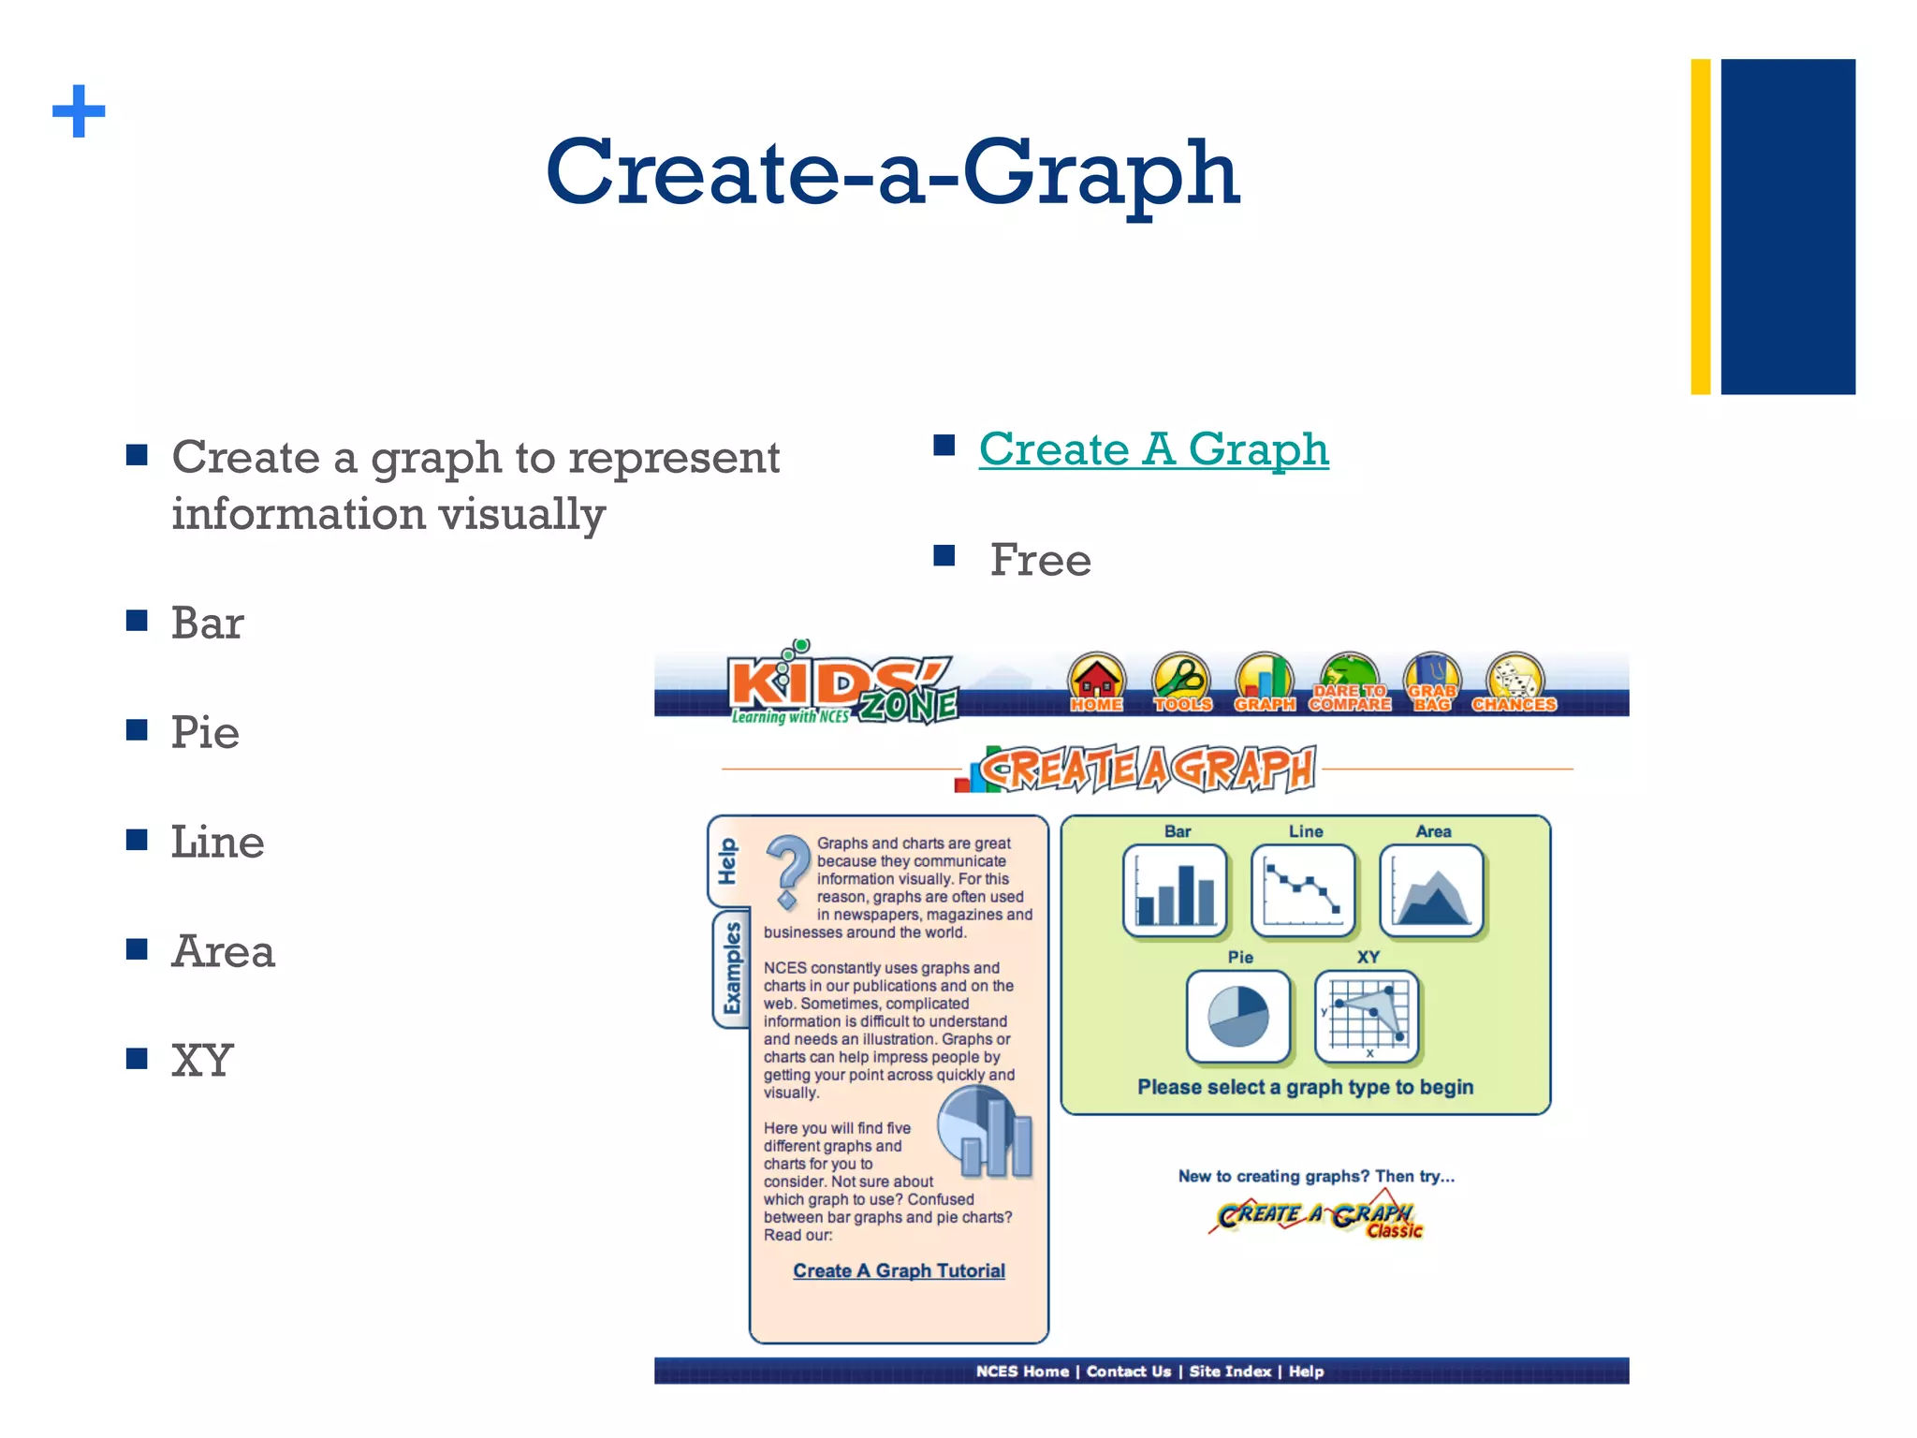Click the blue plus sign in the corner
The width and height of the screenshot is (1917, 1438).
(x=79, y=111)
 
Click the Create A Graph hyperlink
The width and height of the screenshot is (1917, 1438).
(x=1153, y=449)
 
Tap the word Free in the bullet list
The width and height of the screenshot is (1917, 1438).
(x=1040, y=560)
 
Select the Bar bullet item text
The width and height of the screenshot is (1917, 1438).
(x=207, y=624)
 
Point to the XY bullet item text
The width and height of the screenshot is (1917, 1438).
(x=202, y=1061)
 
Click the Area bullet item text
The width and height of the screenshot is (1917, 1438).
(x=223, y=951)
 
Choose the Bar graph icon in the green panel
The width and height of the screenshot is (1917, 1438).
(x=1176, y=890)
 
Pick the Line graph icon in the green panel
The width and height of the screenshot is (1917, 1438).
(x=1303, y=890)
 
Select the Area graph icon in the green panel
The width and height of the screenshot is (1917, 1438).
(x=1432, y=890)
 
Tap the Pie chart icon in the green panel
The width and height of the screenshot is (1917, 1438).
(x=1238, y=1017)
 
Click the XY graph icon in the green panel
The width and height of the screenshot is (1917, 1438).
(x=1367, y=1017)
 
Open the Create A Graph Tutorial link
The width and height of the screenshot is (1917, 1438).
(x=899, y=1270)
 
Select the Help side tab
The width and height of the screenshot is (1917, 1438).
(x=727, y=861)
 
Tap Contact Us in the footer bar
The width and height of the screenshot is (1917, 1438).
(x=1128, y=1372)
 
